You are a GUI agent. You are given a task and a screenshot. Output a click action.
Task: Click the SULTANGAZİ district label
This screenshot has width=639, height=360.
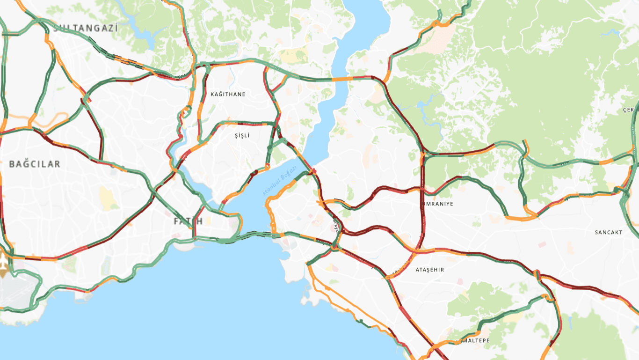pos(85,28)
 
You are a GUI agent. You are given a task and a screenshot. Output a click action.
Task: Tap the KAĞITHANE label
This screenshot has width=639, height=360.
pos(228,94)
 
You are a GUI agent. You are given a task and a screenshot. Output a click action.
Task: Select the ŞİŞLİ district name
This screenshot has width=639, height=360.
pos(242,136)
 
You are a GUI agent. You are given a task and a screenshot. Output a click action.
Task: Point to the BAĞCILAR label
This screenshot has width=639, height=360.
pos(35,164)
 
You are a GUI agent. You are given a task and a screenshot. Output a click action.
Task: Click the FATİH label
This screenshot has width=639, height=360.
pos(188,221)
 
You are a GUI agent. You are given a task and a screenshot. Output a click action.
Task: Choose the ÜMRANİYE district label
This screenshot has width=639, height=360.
pos(438,204)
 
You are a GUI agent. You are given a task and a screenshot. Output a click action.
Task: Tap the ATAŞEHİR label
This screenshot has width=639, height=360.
pos(430,270)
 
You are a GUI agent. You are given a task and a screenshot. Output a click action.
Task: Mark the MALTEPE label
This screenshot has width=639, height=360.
pos(475,340)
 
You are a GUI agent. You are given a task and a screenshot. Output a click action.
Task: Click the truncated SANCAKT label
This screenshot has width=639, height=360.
pos(609,232)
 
